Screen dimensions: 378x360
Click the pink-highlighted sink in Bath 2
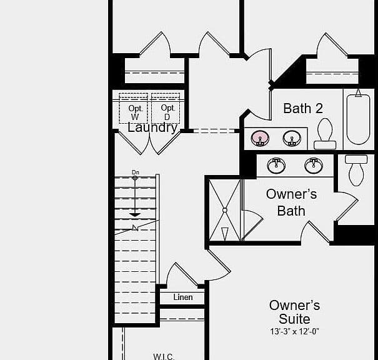[260, 138]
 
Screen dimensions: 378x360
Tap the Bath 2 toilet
[325, 134]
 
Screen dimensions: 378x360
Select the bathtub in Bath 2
[358, 119]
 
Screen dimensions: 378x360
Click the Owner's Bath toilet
[356, 171]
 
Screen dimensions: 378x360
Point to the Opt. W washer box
[133, 108]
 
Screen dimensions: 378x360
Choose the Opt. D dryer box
[166, 108]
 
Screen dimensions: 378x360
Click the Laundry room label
[152, 127]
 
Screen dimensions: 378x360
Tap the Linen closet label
[183, 297]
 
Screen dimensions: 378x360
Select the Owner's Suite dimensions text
[294, 331]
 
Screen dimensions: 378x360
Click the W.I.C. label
[164, 357]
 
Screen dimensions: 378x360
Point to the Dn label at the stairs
[136, 172]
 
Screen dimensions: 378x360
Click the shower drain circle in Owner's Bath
[225, 210]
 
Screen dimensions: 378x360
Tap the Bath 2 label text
[303, 108]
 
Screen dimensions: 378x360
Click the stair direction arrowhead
[135, 215]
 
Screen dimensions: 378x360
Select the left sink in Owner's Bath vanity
[276, 166]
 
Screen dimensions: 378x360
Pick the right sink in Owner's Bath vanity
[314, 166]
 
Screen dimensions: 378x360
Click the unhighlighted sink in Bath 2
[292, 138]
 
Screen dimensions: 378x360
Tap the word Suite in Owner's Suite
[294, 319]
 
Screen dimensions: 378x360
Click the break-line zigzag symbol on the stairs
[135, 227]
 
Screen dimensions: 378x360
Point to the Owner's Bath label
[291, 202]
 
